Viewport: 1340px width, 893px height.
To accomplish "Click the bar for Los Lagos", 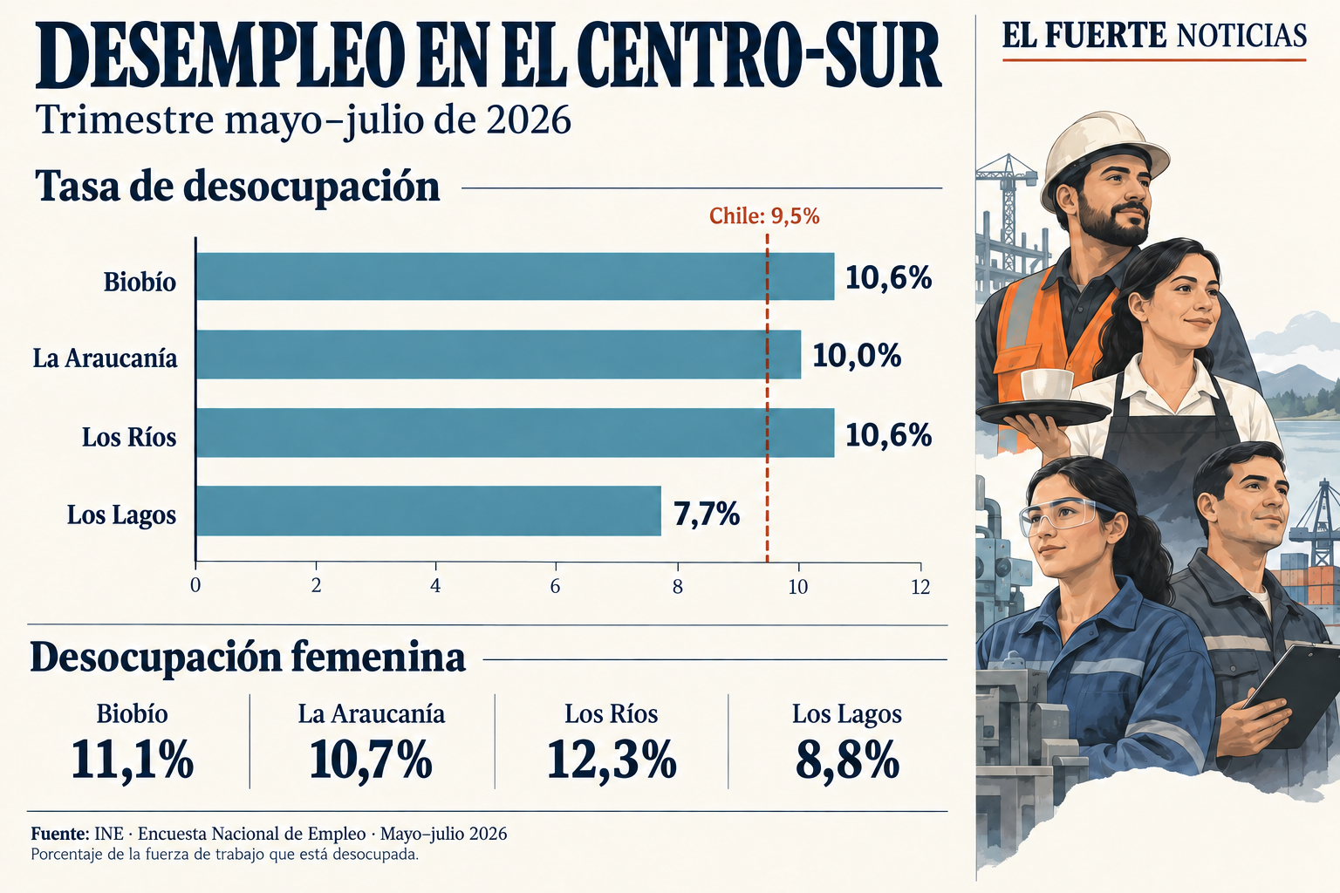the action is click(x=428, y=511).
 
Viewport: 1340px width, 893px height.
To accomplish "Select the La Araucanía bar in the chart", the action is click(x=498, y=354).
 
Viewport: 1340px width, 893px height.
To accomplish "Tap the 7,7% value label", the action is click(x=707, y=514).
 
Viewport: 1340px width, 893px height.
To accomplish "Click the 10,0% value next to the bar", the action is click(x=857, y=356).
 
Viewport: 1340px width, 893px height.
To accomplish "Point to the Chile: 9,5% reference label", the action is click(x=764, y=216).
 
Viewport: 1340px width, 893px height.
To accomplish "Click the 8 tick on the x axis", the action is click(x=677, y=587).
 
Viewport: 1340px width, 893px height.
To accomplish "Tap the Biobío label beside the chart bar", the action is click(x=140, y=282).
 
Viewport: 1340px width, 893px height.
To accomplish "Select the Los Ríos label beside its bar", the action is click(x=129, y=437).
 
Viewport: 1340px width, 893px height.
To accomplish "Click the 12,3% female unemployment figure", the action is click(x=612, y=759).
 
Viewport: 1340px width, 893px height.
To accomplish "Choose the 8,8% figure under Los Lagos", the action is click(x=847, y=760).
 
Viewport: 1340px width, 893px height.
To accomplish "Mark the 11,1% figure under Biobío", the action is click(x=133, y=760).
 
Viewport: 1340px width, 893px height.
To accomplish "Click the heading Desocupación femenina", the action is click(x=248, y=658).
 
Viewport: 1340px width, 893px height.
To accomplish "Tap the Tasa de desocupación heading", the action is click(x=237, y=186).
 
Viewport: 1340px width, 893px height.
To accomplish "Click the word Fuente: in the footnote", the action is click(x=60, y=833).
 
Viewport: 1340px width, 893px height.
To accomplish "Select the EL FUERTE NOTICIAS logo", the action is click(x=1154, y=35).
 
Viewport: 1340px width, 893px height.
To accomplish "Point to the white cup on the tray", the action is click(x=1047, y=385).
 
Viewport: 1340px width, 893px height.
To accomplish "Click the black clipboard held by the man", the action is click(x=1296, y=694).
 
